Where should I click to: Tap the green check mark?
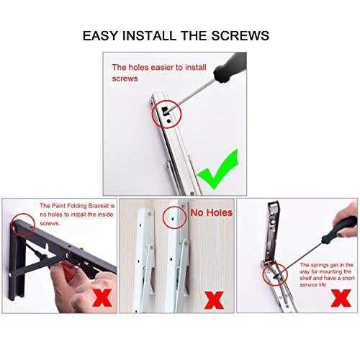coord(218,168)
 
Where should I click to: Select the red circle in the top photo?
coord(152,114)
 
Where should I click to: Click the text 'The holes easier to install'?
coord(159,68)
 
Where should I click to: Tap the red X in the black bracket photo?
coord(102,298)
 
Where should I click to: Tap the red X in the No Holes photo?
coord(214,300)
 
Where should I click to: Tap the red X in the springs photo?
coord(341,298)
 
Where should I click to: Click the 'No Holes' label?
coord(212,212)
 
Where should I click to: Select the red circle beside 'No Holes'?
coord(163,217)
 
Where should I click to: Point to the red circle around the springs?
coord(263,274)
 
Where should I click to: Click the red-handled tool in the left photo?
coord(68,271)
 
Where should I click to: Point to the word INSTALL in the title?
coord(149,35)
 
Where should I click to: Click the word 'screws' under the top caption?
coord(125,78)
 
